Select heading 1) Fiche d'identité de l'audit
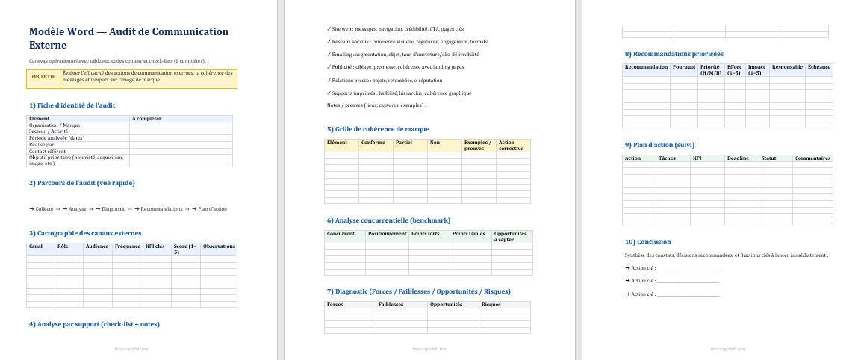(72, 105)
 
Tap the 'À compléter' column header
(146, 118)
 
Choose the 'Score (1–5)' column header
(186, 249)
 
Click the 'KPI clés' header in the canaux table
(155, 246)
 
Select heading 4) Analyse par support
(94, 324)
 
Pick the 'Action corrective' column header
(512, 145)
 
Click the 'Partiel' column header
(404, 142)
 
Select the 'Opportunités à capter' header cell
(512, 236)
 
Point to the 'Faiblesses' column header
(391, 305)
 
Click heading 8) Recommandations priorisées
(674, 54)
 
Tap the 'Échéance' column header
(818, 67)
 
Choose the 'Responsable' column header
(786, 67)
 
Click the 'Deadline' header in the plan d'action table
(738, 158)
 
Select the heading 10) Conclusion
(647, 242)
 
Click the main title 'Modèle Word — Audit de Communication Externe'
(128, 37)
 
